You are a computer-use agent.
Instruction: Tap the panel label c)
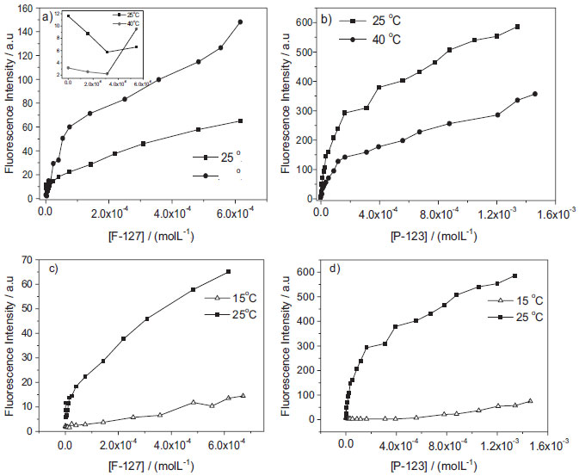tap(50, 267)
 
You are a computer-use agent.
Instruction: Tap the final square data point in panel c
tap(228, 272)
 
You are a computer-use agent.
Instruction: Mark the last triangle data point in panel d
tap(554, 401)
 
